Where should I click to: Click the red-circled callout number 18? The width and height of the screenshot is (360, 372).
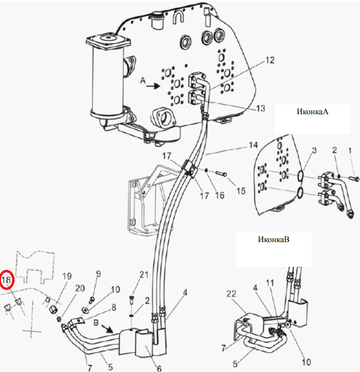[x=7, y=280]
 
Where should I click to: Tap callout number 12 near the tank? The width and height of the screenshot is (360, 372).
[x=270, y=60]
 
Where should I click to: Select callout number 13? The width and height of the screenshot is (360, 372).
[x=260, y=108]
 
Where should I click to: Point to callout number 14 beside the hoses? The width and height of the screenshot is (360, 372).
[x=253, y=145]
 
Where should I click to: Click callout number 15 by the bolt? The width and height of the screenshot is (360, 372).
[x=241, y=191]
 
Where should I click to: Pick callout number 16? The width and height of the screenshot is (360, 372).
[x=220, y=195]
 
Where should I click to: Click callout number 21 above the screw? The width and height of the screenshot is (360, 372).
[x=144, y=274]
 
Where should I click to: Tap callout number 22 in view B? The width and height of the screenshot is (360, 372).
[x=231, y=293]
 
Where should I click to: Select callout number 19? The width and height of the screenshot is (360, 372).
[x=67, y=276]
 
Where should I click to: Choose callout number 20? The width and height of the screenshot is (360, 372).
[x=80, y=288]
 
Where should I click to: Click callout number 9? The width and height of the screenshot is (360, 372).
[x=99, y=274]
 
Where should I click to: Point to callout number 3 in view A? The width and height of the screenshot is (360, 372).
[x=314, y=151]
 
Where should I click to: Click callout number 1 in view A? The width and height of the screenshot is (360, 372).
[x=350, y=151]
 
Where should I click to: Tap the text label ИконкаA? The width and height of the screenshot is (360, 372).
[x=312, y=112]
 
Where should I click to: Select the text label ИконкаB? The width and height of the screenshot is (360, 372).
[x=274, y=239]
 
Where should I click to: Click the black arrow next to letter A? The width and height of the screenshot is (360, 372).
[x=153, y=86]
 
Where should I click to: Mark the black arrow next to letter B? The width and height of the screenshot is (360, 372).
[x=108, y=328]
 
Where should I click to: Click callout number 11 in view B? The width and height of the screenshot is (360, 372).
[x=270, y=283]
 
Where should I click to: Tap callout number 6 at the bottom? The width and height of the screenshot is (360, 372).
[x=159, y=368]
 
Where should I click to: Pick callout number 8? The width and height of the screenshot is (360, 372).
[x=114, y=307]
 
